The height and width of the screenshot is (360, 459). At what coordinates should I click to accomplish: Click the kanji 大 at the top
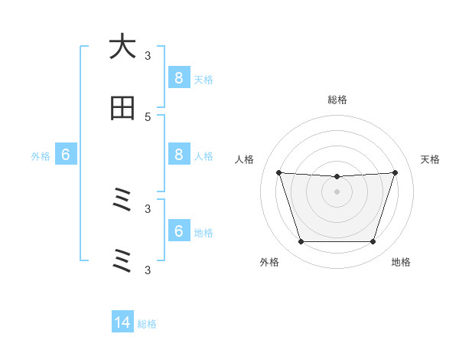(122, 47)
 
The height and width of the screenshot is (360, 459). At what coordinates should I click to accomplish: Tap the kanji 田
(122, 108)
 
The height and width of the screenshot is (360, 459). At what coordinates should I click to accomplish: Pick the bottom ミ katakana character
(122, 261)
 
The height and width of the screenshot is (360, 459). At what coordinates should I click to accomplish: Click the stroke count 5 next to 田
(148, 116)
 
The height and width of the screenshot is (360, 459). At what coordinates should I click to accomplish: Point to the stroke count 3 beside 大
(148, 55)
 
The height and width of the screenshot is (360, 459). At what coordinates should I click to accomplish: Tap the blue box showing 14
(122, 322)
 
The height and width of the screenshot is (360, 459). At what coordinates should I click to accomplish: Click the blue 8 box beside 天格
(178, 77)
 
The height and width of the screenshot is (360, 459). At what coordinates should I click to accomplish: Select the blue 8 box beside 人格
(178, 155)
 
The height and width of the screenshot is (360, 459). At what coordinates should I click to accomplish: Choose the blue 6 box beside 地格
(178, 231)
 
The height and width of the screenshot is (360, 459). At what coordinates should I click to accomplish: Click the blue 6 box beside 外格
(66, 155)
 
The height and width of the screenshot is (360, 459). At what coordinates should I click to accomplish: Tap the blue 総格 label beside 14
(147, 324)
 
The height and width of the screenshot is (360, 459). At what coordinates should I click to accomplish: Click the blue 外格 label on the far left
(41, 156)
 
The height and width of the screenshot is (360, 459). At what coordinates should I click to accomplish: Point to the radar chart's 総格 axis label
(337, 100)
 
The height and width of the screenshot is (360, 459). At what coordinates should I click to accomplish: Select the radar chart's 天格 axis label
(430, 159)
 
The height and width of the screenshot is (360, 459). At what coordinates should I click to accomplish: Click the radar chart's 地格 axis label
(401, 262)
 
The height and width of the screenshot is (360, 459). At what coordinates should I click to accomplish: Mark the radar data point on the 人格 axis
(278, 172)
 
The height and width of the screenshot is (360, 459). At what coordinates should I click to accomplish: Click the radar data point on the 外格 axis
(301, 242)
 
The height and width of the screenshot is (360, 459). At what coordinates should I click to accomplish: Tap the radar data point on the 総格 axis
(337, 177)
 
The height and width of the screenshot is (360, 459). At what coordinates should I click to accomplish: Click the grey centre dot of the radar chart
(337, 191)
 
